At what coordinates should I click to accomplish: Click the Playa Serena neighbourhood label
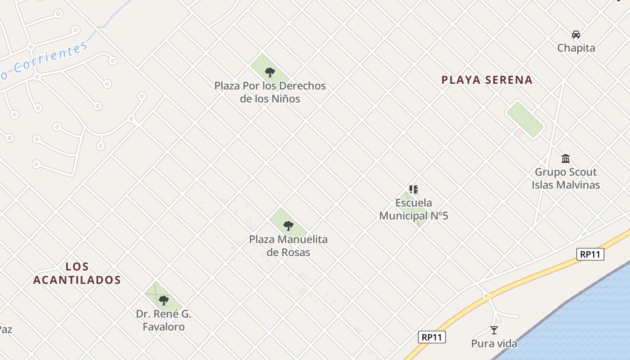pyautogui.click(x=487, y=80)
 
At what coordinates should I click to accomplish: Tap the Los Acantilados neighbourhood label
pyautogui.click(x=77, y=273)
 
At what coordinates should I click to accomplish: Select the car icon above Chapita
pyautogui.click(x=576, y=35)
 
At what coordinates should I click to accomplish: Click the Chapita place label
pyautogui.click(x=576, y=48)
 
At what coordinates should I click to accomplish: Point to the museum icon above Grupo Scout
pyautogui.click(x=566, y=158)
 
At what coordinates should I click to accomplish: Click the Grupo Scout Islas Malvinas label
pyautogui.click(x=566, y=178)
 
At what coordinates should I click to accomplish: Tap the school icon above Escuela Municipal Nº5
pyautogui.click(x=413, y=189)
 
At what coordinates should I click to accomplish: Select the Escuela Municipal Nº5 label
pyautogui.click(x=414, y=209)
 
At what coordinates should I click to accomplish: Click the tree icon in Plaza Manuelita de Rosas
pyautogui.click(x=288, y=225)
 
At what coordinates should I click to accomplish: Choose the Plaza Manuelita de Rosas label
pyautogui.click(x=288, y=246)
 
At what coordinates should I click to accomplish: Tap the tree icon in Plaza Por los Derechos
pyautogui.click(x=270, y=72)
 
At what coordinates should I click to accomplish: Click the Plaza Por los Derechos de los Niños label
pyautogui.click(x=270, y=92)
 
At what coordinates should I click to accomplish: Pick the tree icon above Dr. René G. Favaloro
pyautogui.click(x=164, y=300)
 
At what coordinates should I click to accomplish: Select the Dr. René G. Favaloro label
pyautogui.click(x=164, y=320)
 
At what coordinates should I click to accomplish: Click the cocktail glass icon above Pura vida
pyautogui.click(x=494, y=330)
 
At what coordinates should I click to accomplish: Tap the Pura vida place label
pyautogui.click(x=494, y=344)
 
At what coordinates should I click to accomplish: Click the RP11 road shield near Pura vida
pyautogui.click(x=432, y=337)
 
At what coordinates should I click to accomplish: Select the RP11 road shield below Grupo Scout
pyautogui.click(x=590, y=254)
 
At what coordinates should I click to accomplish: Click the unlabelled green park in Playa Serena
pyautogui.click(x=525, y=119)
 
